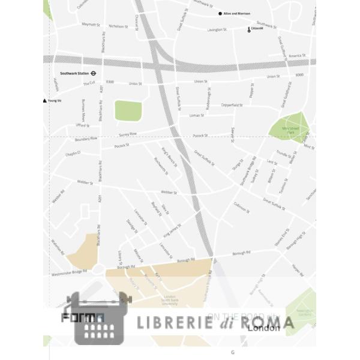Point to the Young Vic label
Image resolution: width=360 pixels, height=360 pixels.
click(x=55, y=101)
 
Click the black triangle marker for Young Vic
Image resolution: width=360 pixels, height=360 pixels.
click(x=44, y=101)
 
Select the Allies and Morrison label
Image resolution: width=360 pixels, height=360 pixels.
click(x=237, y=13)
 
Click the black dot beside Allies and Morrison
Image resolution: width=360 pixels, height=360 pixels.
click(x=220, y=13)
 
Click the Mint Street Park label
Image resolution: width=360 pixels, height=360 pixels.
click(x=290, y=130)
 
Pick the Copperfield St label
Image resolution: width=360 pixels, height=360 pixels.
click(x=231, y=105)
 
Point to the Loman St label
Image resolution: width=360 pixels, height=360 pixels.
click(x=196, y=115)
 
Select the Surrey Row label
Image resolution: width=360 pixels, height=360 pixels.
click(x=128, y=134)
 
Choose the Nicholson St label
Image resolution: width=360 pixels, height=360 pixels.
click(x=118, y=26)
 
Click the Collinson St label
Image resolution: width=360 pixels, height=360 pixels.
click(x=241, y=208)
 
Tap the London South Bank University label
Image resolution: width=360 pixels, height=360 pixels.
click(x=169, y=300)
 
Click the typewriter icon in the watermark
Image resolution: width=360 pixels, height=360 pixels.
click(x=99, y=318)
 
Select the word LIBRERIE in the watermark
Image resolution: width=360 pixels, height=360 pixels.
click(x=175, y=323)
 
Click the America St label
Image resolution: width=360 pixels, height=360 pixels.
click(x=296, y=56)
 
